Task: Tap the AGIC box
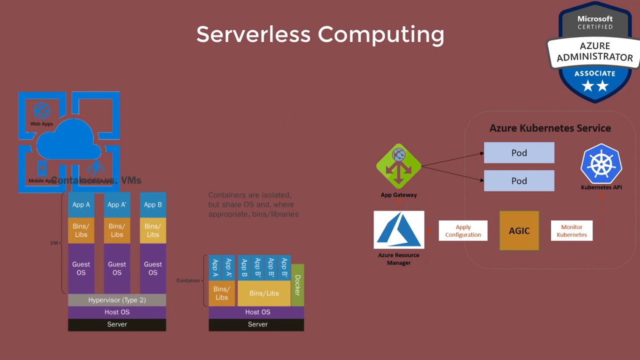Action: point(519,230)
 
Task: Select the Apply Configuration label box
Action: point(463,231)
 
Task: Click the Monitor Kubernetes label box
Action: point(571,231)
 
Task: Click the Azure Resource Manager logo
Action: point(398,229)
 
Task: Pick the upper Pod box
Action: point(519,152)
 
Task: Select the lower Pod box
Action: point(519,180)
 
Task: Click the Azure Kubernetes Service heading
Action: point(550,128)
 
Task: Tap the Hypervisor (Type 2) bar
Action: point(117,300)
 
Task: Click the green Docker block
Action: point(297,285)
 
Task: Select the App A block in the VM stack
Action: point(81,204)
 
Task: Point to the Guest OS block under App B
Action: point(153,268)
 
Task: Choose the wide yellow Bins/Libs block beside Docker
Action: point(264,293)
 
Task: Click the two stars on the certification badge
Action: point(595,86)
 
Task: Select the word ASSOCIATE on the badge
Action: point(595,73)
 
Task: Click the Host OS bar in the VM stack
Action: point(117,312)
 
